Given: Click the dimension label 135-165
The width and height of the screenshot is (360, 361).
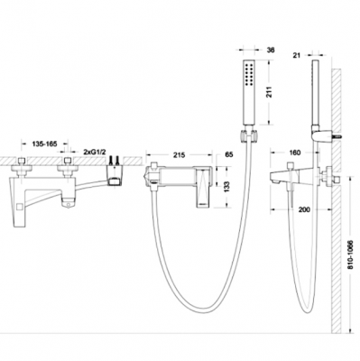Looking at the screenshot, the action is pyautogui.click(x=44, y=143).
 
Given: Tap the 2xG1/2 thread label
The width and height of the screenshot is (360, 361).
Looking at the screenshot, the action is pyautogui.click(x=95, y=153).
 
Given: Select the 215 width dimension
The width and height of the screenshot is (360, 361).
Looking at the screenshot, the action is pyautogui.click(x=180, y=155).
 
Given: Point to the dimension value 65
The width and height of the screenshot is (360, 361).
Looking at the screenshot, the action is pyautogui.click(x=229, y=155).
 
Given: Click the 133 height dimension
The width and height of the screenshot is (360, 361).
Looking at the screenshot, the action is pyautogui.click(x=227, y=187).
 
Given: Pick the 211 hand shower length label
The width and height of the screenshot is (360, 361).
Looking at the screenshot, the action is pyautogui.click(x=269, y=92).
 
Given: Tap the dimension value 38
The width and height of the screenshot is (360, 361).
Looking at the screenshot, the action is pyautogui.click(x=271, y=50).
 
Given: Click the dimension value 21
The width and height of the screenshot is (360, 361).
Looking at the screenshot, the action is pyautogui.click(x=297, y=55).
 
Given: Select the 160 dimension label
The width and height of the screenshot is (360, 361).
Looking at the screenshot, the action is pyautogui.click(x=294, y=153).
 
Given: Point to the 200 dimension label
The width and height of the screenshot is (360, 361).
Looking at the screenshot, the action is pyautogui.click(x=304, y=209).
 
